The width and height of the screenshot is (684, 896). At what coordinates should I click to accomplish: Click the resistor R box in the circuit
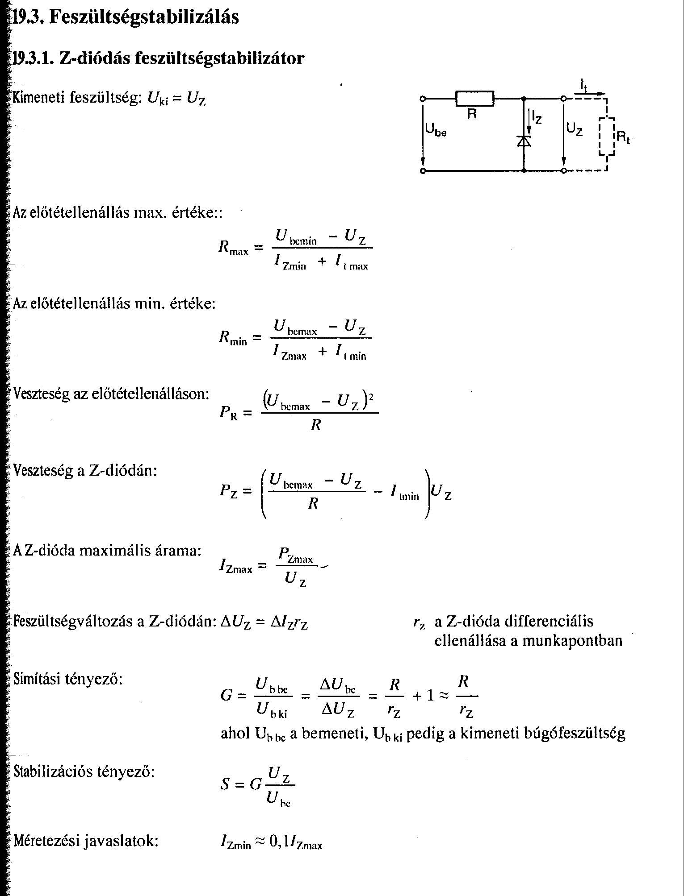coord(474,99)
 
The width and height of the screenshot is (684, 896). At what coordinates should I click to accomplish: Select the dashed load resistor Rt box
coord(607,137)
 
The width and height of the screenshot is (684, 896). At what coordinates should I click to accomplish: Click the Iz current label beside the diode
coord(536,118)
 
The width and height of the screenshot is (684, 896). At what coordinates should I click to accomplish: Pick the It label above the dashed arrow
coord(583,84)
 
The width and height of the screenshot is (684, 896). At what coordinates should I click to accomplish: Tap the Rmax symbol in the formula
coord(233,248)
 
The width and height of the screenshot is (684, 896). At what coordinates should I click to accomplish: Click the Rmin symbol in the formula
coord(232,339)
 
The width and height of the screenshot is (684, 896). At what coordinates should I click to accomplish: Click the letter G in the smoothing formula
coord(227,695)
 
